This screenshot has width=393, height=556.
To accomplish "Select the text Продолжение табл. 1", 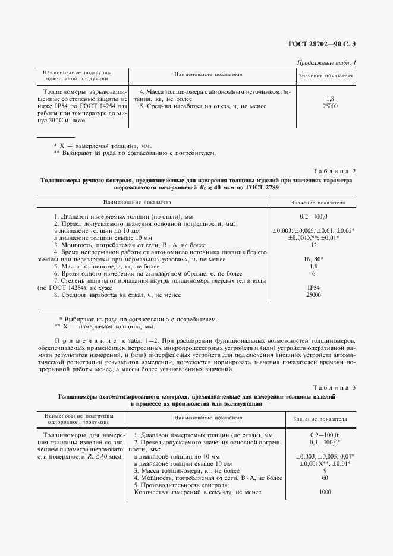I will pyautogui.click(x=326, y=62).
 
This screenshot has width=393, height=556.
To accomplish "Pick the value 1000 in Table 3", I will pyautogui.click(x=325, y=492).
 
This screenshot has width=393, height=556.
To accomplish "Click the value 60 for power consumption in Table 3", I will pyautogui.click(x=325, y=478).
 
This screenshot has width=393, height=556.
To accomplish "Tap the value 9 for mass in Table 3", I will pyautogui.click(x=325, y=470).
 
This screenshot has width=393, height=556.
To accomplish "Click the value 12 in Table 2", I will pyautogui.click(x=313, y=245).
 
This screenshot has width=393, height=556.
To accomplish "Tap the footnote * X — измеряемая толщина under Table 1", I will pyautogui.click(x=102, y=146).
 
